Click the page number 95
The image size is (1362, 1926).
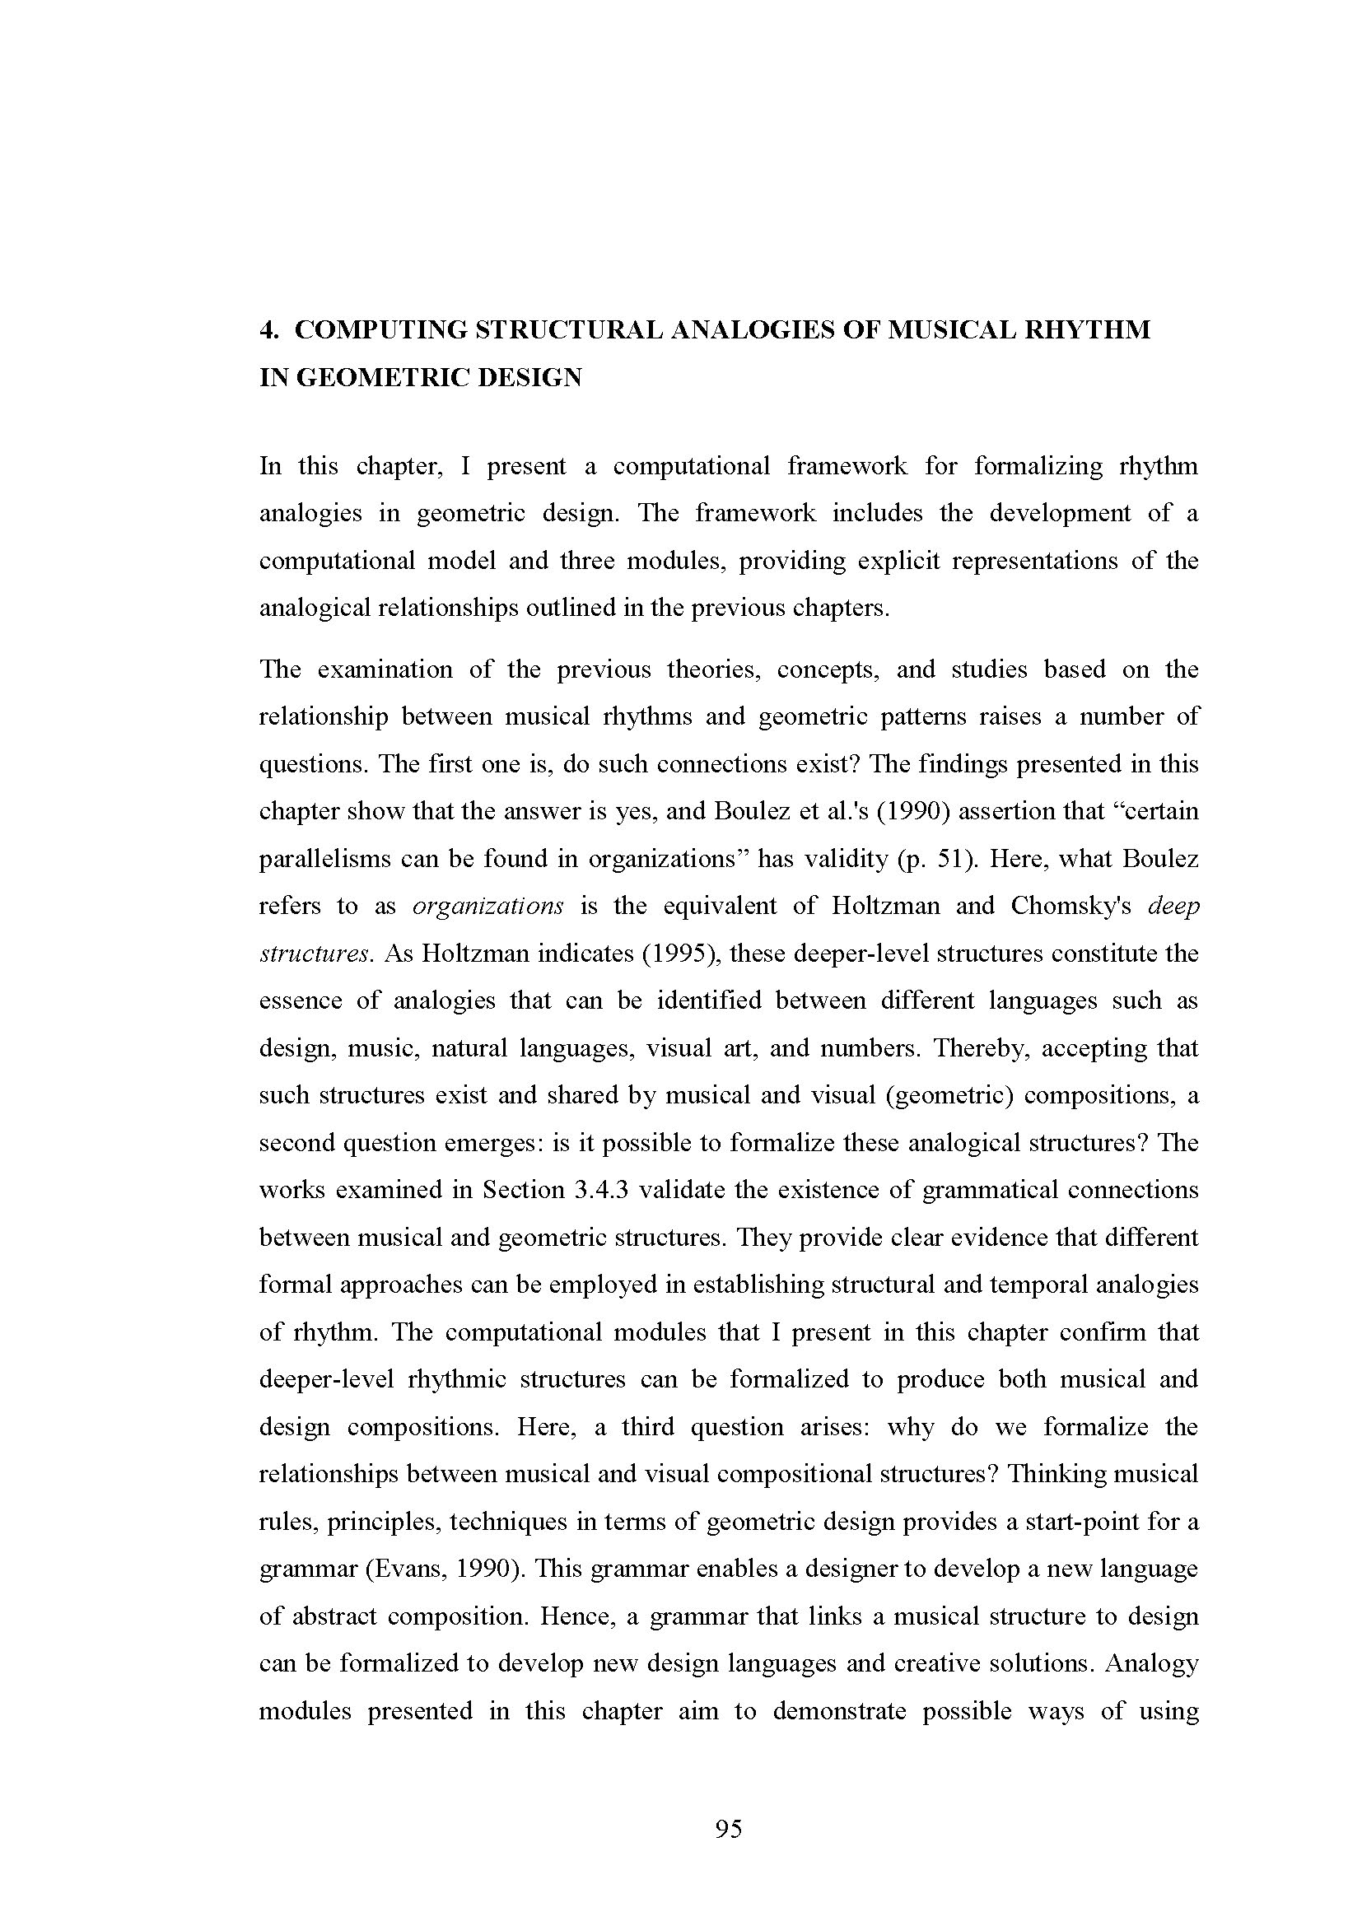tap(728, 1829)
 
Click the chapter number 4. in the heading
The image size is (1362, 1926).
tap(268, 330)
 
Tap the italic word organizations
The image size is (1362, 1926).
tap(488, 907)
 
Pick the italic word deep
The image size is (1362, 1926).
tap(1173, 907)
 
